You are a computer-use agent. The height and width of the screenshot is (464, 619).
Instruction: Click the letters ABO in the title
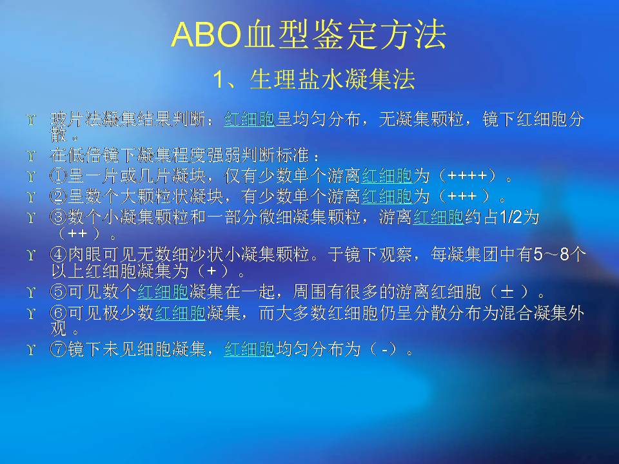coord(206,35)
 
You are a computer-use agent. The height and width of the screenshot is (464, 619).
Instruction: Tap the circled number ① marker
coord(58,176)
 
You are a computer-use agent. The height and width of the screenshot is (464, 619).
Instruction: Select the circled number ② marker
coord(58,196)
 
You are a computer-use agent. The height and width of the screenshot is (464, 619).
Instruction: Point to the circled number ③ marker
coord(58,217)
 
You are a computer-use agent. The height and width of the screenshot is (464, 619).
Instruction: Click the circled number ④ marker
coord(58,255)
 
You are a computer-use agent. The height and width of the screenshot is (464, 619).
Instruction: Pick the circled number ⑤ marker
coord(58,292)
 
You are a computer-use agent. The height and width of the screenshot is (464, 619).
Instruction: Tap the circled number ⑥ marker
coord(58,313)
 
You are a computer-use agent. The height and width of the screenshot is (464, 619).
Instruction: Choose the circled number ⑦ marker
coord(58,349)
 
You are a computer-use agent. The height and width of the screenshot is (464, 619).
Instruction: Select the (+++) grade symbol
coord(462,196)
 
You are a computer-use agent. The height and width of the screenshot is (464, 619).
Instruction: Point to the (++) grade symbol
coord(79,234)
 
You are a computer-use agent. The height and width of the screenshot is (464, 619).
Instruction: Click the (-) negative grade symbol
coord(383,349)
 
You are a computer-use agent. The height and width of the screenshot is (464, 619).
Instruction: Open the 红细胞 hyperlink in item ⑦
coord(250,349)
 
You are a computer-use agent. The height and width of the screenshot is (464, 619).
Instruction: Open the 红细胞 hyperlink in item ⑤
coord(162,293)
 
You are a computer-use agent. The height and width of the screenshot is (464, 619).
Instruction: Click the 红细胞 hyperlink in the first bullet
coord(250,119)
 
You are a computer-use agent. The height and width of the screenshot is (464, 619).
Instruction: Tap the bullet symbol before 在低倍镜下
coord(31,155)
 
